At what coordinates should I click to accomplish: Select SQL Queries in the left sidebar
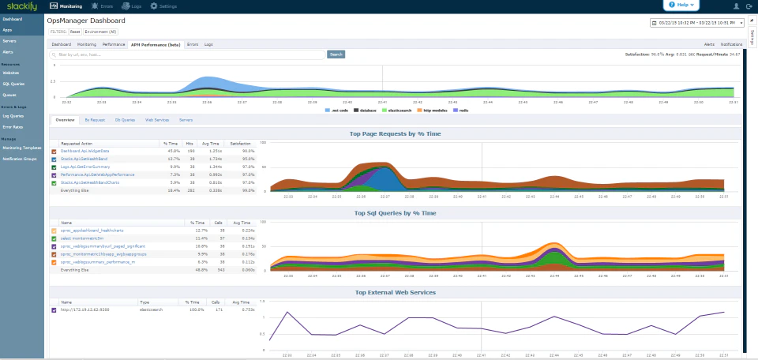tap(13, 83)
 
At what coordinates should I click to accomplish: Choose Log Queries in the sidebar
tap(13, 115)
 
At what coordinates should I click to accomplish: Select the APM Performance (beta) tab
tap(156, 44)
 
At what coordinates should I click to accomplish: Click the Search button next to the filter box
tap(336, 54)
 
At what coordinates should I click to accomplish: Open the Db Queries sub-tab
tap(124, 120)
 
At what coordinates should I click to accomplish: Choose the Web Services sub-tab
tap(156, 120)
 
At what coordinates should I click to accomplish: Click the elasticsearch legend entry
tap(404, 111)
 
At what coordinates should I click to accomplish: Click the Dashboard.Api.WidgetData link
tap(85, 150)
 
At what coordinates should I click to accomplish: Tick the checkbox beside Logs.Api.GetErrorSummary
tap(54, 167)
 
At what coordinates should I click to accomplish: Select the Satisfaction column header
tap(240, 143)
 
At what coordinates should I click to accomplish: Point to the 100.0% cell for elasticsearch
tap(193, 309)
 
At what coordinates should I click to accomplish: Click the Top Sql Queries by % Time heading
tap(394, 213)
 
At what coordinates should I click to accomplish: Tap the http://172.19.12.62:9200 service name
tap(86, 309)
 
